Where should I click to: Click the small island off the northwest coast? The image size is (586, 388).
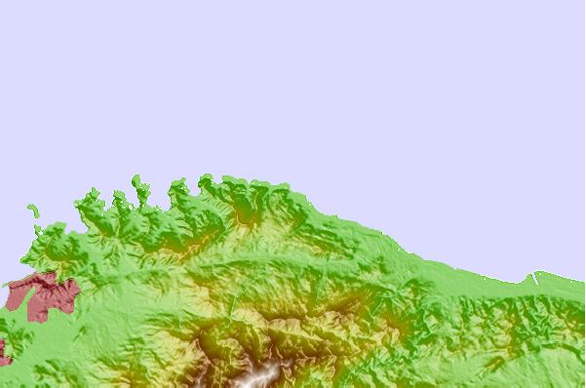click(x=33, y=210)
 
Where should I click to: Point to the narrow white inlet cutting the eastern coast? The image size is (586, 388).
click(x=534, y=280)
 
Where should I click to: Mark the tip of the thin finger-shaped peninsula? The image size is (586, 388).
click(x=136, y=180)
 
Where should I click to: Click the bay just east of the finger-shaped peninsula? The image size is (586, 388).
click(x=156, y=195)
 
